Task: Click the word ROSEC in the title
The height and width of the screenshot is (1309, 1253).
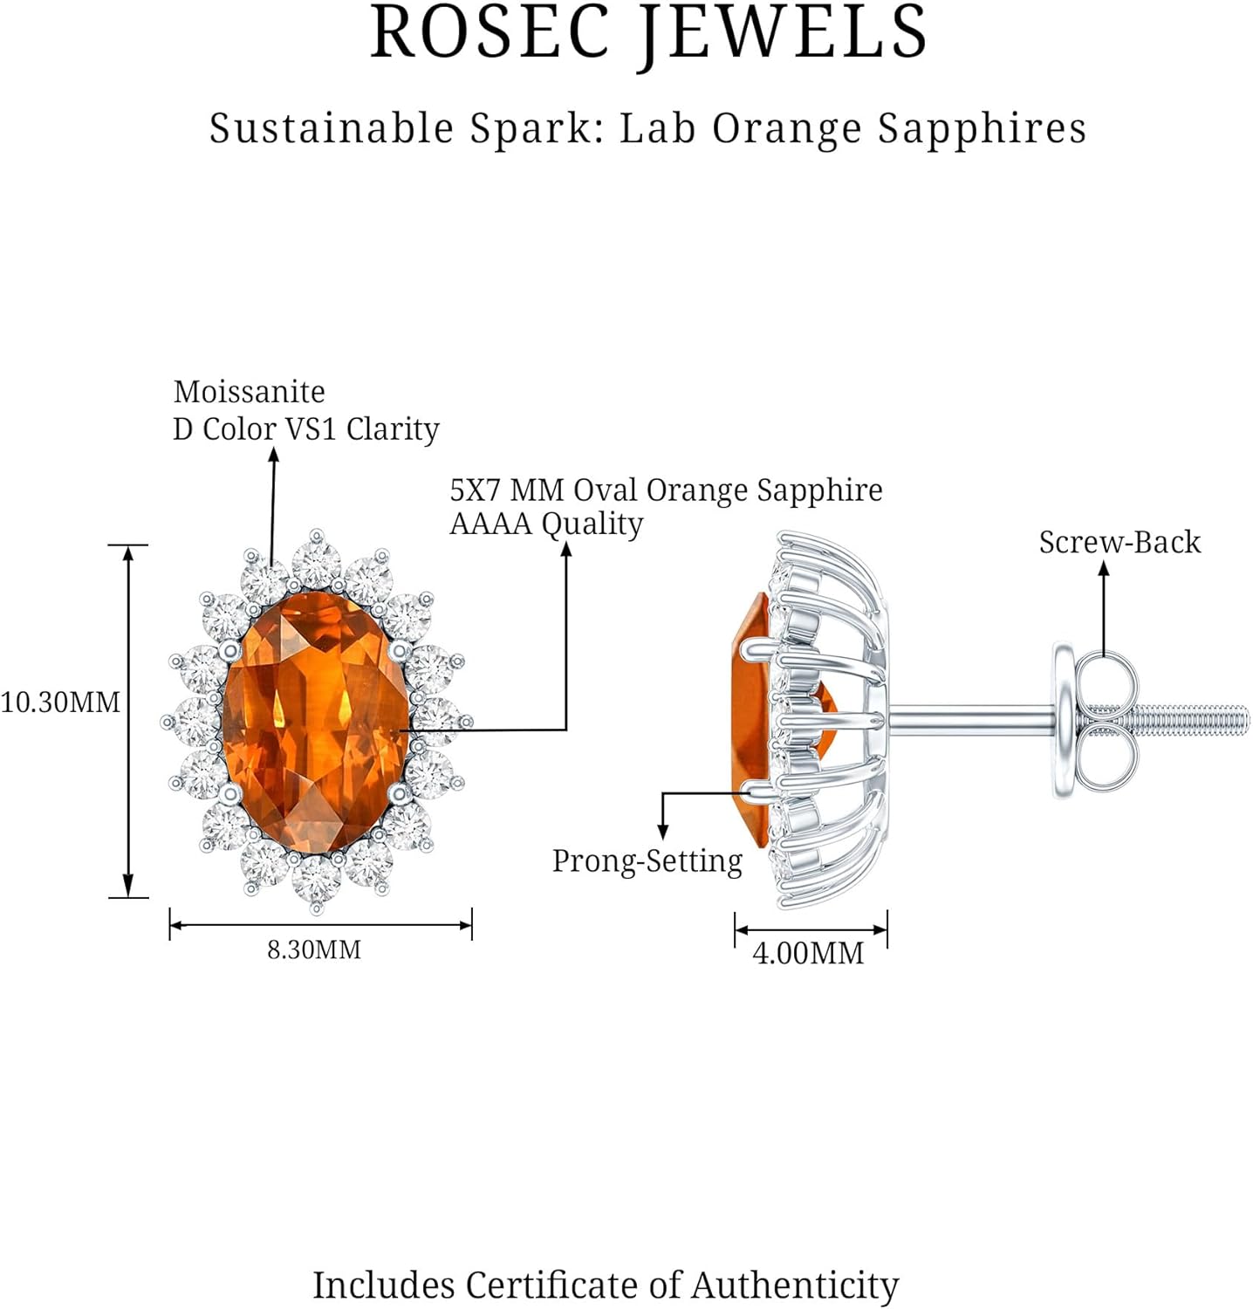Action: pyautogui.click(x=490, y=33)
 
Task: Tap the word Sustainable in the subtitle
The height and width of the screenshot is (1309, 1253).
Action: pyautogui.click(x=332, y=128)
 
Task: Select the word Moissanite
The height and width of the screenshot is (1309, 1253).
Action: pyautogui.click(x=249, y=392)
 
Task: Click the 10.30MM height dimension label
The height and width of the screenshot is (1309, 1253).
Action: pyautogui.click(x=59, y=702)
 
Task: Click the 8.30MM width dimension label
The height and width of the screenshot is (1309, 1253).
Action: pyautogui.click(x=314, y=949)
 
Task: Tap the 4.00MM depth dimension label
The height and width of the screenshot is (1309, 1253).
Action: pyautogui.click(x=808, y=953)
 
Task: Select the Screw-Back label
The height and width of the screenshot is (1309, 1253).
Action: pyautogui.click(x=1119, y=543)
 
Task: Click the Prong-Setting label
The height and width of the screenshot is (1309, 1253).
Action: pyautogui.click(x=647, y=861)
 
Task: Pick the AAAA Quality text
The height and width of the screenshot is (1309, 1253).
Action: pyautogui.click(x=546, y=524)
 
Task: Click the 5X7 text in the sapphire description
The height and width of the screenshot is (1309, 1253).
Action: pyautogui.click(x=476, y=490)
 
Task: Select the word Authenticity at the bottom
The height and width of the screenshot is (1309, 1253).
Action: pyautogui.click(x=795, y=1285)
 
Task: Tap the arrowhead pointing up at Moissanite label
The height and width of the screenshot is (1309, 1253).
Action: pyautogui.click(x=273, y=454)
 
